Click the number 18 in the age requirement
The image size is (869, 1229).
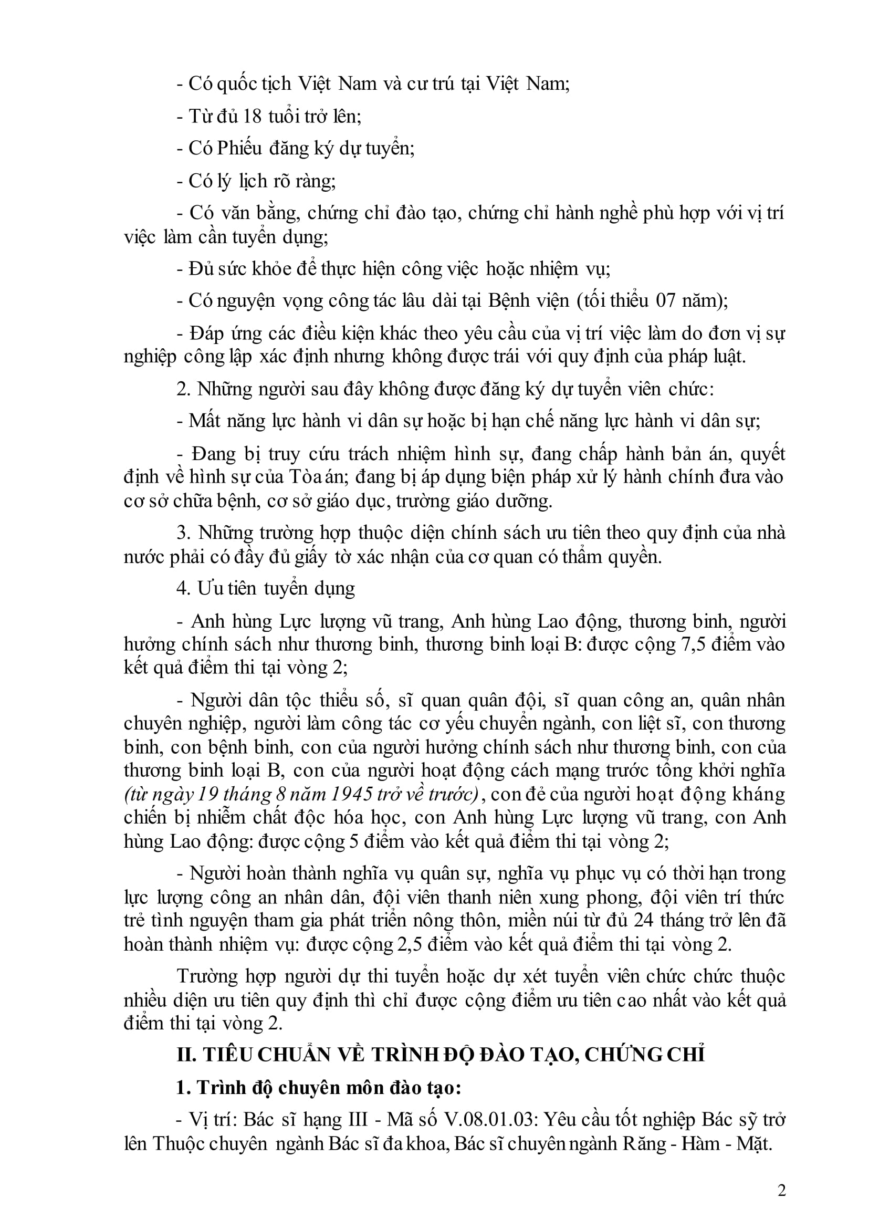253,116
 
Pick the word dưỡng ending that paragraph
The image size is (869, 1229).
527,501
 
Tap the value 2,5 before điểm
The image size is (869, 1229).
411,944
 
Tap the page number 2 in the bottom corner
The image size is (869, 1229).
781,1191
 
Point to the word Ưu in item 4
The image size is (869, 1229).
206,589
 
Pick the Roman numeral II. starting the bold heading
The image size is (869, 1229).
187,1055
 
